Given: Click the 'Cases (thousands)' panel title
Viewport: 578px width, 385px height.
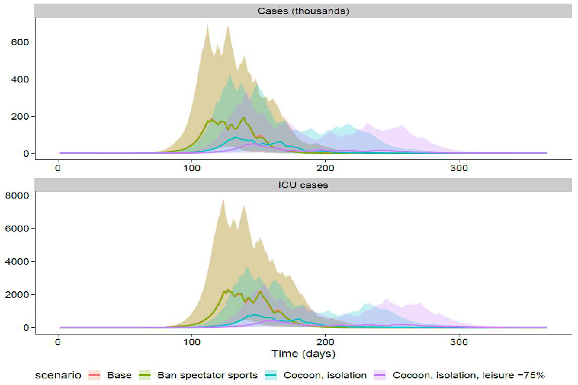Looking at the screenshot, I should coord(303,10).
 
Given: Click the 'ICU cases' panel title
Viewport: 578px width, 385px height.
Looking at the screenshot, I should coord(303,185).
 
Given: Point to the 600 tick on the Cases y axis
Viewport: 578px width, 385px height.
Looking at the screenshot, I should coord(20,42).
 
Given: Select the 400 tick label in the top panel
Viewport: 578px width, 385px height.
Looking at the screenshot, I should coord(20,79).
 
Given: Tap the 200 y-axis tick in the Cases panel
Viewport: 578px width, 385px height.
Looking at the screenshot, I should coord(20,117).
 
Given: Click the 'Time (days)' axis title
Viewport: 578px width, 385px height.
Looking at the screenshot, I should coord(303,354).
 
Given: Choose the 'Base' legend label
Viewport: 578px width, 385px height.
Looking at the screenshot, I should coord(119,375).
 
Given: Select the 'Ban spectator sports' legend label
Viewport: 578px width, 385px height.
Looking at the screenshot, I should coord(207,375).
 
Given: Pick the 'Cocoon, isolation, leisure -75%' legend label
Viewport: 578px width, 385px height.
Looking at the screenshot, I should coord(470,375).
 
